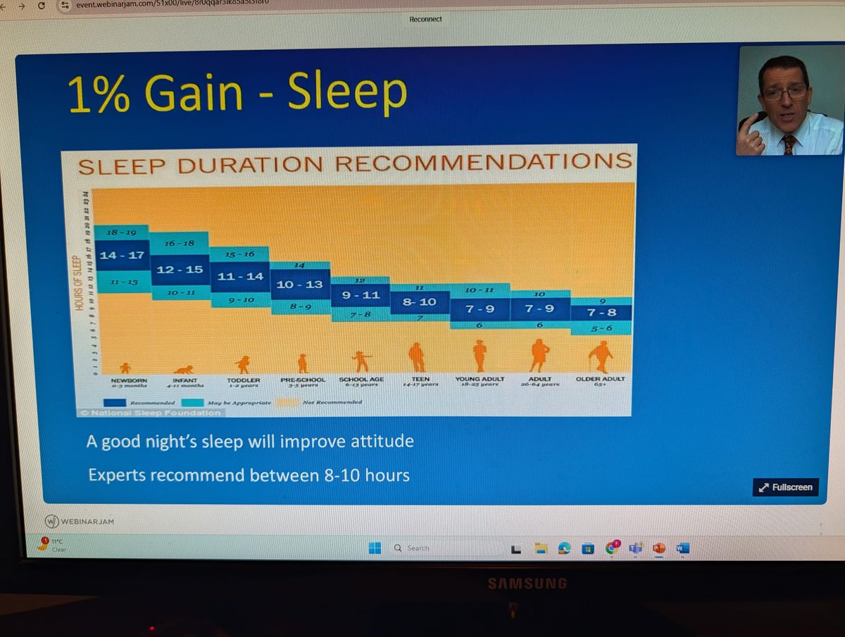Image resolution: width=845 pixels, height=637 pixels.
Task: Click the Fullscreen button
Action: point(786,487)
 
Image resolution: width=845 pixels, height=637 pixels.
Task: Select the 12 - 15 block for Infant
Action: point(180,269)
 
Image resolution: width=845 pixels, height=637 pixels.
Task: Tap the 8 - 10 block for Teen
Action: point(418,302)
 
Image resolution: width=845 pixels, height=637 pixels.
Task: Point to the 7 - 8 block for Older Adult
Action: point(601,312)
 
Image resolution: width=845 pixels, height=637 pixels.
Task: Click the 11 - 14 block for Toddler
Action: point(239,276)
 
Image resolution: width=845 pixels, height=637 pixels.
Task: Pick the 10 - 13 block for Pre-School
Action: point(299,284)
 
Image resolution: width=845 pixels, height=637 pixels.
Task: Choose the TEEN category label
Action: point(421,379)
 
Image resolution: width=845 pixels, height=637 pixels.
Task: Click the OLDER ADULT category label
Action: point(599,379)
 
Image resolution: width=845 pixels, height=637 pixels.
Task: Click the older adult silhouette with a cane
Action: point(601,357)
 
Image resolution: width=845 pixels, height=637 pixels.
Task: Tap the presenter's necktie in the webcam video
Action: point(789,144)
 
